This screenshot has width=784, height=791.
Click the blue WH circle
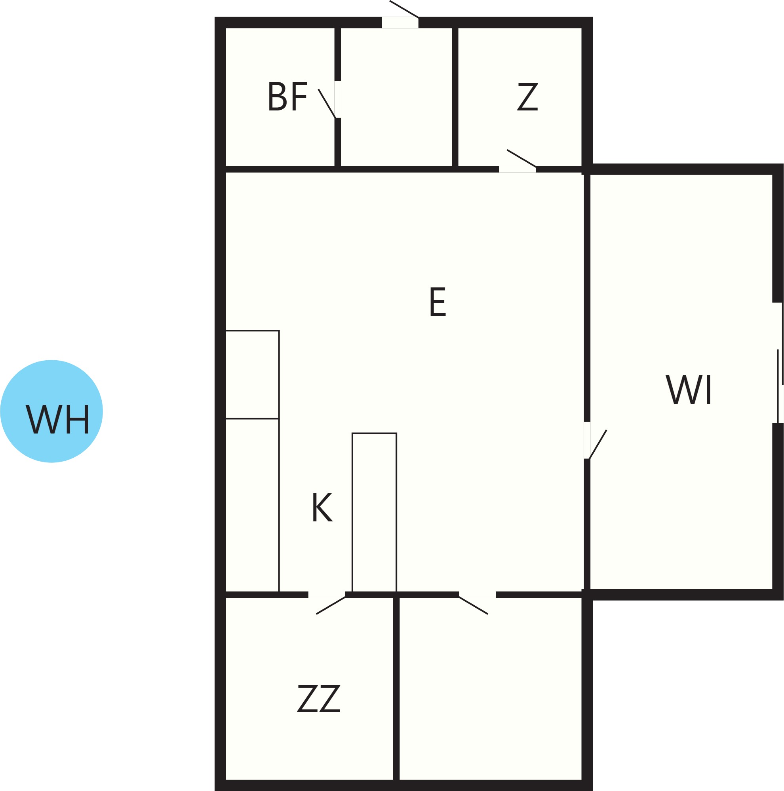[51, 411]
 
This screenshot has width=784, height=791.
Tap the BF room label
[287, 96]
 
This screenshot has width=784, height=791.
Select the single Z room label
[528, 97]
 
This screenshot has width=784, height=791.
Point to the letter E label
[438, 302]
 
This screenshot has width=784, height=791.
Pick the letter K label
[323, 507]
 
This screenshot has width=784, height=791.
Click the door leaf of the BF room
[327, 104]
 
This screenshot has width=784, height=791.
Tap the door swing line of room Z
[521, 158]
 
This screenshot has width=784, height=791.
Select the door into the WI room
[598, 444]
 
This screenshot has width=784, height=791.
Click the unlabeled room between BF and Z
[396, 97]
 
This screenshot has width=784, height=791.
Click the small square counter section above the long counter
[252, 374]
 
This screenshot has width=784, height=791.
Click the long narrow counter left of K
[252, 505]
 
